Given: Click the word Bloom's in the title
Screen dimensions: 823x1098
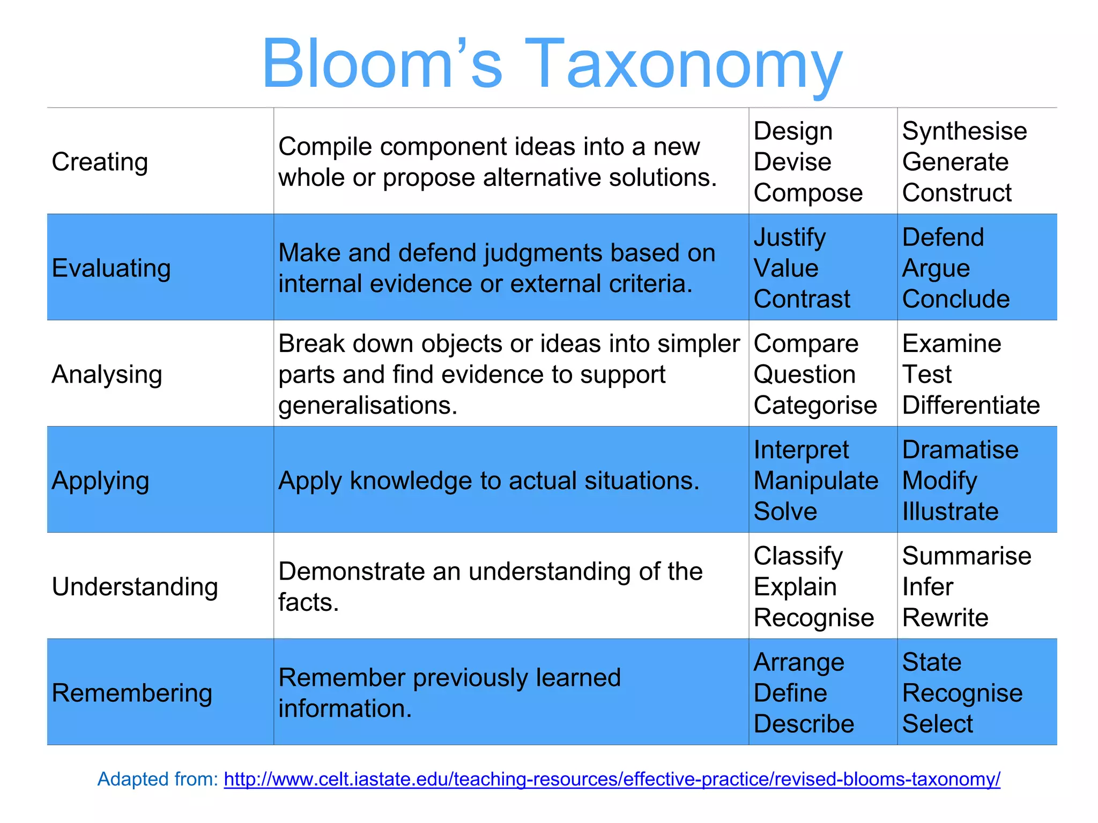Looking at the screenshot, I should [x=382, y=64].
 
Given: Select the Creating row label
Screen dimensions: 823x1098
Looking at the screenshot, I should [x=100, y=162].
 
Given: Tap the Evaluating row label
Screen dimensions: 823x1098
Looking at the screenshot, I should [x=111, y=268].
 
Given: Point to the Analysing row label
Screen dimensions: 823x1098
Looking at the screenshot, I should [x=107, y=374].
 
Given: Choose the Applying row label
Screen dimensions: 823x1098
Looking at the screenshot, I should [x=100, y=481].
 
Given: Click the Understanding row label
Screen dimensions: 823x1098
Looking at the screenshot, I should [x=135, y=587].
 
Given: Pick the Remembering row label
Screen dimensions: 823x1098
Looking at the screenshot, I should [x=132, y=693].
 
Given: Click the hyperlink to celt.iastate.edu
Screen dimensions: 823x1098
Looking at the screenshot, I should [x=612, y=779].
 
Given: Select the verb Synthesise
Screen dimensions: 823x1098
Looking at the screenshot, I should [x=964, y=131].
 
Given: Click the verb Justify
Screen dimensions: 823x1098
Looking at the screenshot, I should [x=789, y=237].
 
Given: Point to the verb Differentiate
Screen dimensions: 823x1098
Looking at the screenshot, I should [x=970, y=405].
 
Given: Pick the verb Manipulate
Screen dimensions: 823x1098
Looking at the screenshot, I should [x=815, y=481].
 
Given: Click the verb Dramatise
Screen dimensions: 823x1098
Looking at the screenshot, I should [x=960, y=450].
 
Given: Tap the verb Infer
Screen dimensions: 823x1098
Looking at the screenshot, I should [x=928, y=587].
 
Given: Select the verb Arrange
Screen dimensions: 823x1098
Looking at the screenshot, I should [x=798, y=663].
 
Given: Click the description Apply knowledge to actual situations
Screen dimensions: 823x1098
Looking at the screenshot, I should [x=488, y=481].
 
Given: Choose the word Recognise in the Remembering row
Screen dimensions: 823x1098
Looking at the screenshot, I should [x=962, y=693].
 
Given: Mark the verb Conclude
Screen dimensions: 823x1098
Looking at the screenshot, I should [x=955, y=299].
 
